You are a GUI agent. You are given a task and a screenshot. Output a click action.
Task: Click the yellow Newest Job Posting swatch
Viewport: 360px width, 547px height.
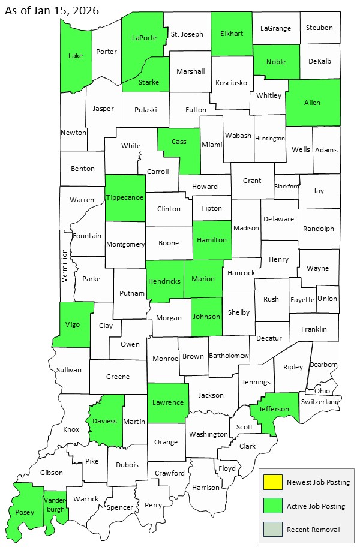pyautogui.click(x=274, y=482)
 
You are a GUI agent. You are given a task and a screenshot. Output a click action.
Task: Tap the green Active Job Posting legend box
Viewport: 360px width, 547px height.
pyautogui.click(x=274, y=506)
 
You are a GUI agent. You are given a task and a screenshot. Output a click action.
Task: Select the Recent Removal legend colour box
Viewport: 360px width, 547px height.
pyautogui.click(x=274, y=529)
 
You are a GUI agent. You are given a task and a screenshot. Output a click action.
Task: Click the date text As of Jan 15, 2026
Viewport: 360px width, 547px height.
pyautogui.click(x=52, y=11)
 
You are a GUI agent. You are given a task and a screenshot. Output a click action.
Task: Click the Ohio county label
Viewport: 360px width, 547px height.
pyautogui.click(x=322, y=390)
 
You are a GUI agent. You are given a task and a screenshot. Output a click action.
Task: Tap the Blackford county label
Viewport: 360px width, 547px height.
pyautogui.click(x=286, y=187)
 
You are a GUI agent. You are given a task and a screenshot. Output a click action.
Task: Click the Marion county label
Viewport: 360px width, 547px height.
pyautogui.click(x=203, y=278)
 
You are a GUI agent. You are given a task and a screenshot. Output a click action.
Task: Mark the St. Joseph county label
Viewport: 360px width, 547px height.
pyautogui.click(x=187, y=34)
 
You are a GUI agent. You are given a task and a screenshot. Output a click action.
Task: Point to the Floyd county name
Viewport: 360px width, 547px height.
pyautogui.click(x=227, y=468)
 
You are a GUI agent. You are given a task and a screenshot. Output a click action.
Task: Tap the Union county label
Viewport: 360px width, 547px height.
pyautogui.click(x=327, y=298)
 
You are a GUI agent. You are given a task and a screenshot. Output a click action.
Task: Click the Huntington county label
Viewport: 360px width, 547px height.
pyautogui.click(x=269, y=139)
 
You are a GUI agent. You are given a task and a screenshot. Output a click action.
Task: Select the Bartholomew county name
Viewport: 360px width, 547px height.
pyautogui.click(x=229, y=356)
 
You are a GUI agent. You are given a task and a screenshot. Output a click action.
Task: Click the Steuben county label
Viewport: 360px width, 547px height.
pyautogui.click(x=319, y=27)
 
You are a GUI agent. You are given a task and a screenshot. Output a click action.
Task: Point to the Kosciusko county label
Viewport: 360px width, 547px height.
pyautogui.click(x=231, y=82)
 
